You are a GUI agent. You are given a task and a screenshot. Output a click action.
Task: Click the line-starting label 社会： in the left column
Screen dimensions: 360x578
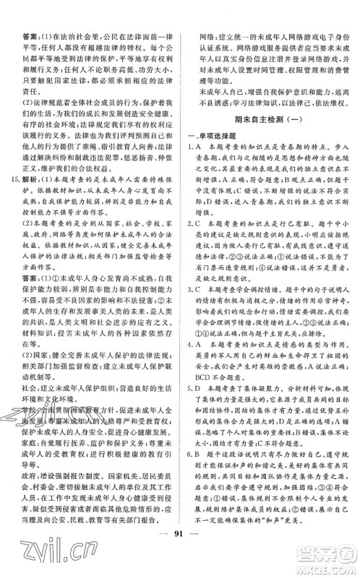(30, 397)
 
